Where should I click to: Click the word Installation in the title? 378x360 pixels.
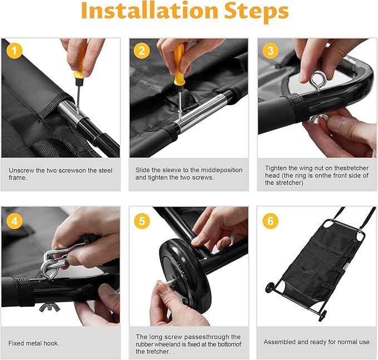point(149,11)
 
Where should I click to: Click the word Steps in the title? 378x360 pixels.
point(256,12)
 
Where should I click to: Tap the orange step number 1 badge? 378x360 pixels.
point(14,51)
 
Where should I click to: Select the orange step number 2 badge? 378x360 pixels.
point(141,51)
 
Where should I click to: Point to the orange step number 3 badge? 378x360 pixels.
point(271,51)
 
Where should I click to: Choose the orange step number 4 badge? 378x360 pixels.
point(14,221)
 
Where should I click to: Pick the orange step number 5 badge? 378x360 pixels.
point(142,221)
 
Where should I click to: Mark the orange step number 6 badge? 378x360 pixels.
point(271,221)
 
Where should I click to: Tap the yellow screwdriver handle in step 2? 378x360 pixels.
point(179,65)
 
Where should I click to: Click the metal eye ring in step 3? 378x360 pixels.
point(318,81)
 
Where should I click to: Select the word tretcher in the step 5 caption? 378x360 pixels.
point(158,352)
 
